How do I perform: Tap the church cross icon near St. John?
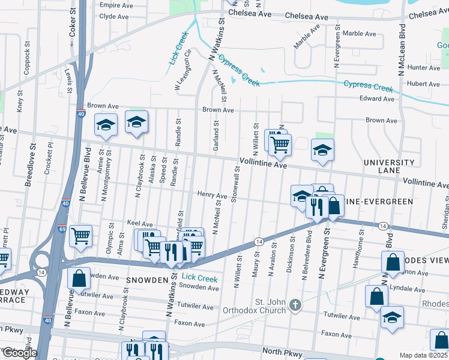295,305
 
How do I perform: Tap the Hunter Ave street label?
423,68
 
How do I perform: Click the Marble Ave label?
360,34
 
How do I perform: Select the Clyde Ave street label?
115,16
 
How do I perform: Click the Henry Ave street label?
212,196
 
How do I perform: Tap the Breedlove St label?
28,164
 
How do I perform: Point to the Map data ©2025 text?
423,355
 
